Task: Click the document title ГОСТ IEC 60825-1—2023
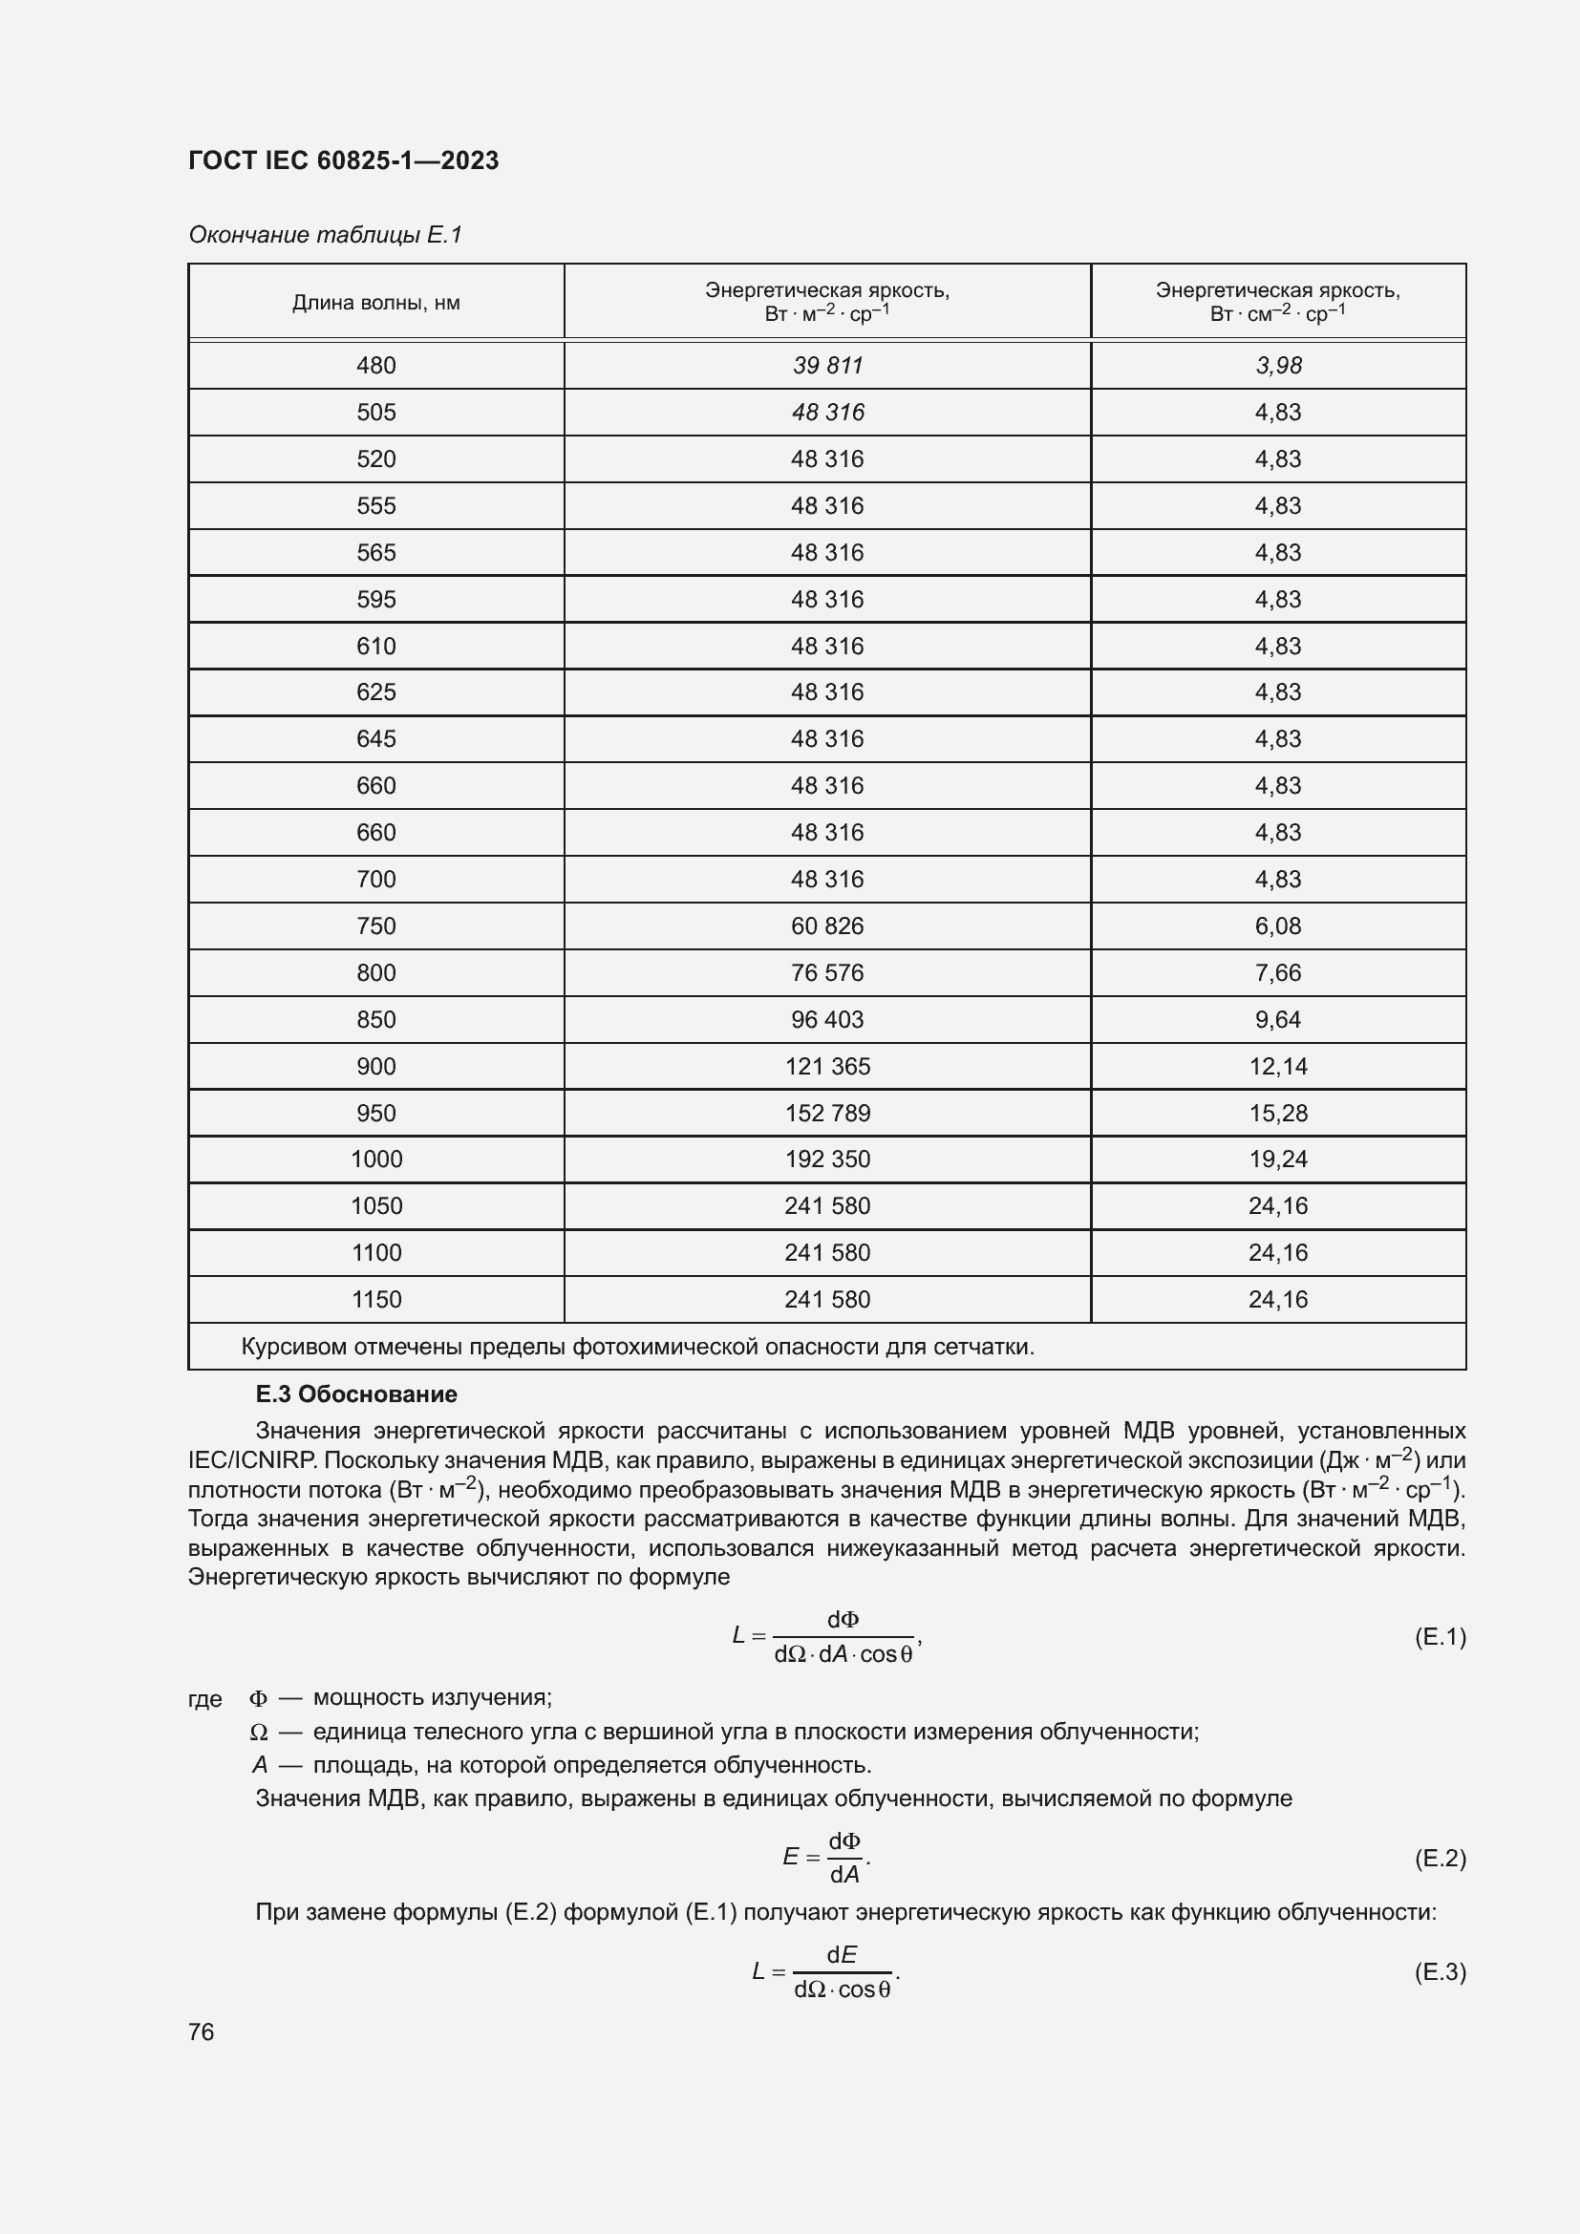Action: pos(344,160)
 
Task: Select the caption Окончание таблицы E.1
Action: pos(325,235)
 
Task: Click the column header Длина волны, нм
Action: pos(375,303)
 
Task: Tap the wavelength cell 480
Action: pos(375,366)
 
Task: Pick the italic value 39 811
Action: pos(827,366)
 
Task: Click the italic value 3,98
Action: pos(1277,366)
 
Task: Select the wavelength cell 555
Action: pos(375,506)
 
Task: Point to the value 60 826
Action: pos(827,926)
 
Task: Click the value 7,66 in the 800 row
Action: pos(1277,973)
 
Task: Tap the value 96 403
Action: pos(827,1020)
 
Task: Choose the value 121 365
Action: pos(827,1067)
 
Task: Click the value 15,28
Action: pos(1277,1113)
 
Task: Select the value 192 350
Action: pos(827,1159)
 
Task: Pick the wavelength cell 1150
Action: pos(375,1300)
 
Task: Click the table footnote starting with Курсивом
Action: pos(637,1348)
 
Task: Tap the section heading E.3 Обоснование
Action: pos(356,1394)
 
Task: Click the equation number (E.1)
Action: pos(1439,1637)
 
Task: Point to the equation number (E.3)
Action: pos(1439,1972)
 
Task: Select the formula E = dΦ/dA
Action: pos(826,1858)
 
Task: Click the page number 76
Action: pos(202,2032)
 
